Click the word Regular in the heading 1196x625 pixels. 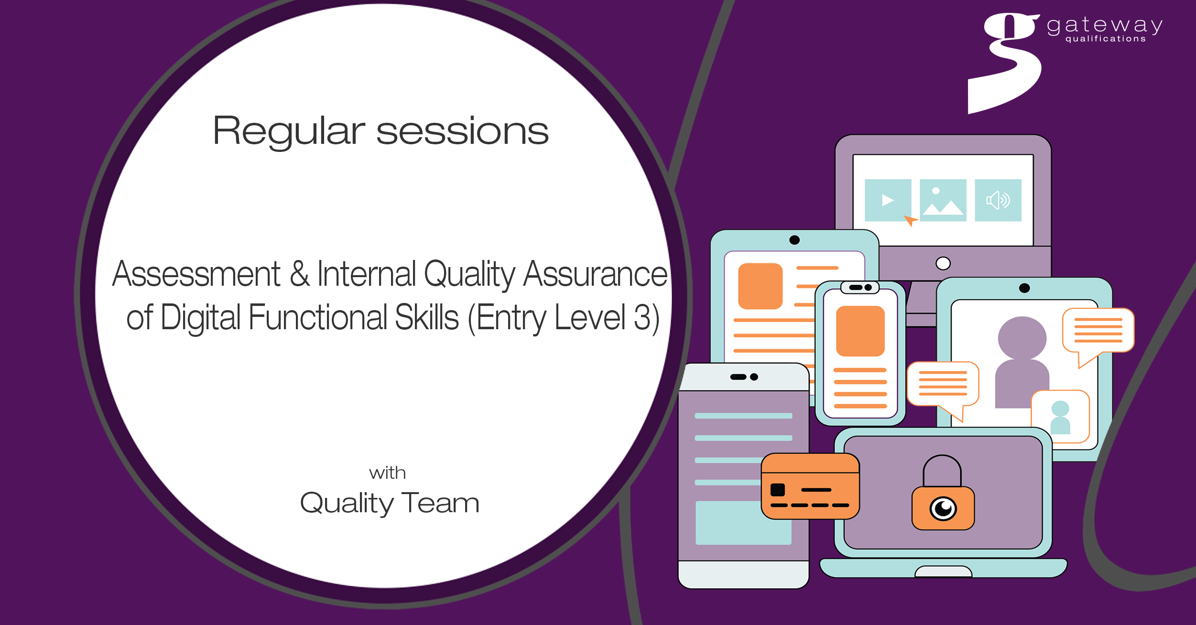(289, 131)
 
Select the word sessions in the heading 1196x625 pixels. (463, 131)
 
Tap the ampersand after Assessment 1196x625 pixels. (299, 273)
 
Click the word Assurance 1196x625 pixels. (595, 273)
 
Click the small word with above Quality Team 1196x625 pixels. (387, 473)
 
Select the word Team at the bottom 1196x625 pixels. (440, 503)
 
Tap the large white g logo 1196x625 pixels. (1004, 62)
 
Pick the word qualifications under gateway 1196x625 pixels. (1106, 39)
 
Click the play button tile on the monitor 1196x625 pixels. (888, 200)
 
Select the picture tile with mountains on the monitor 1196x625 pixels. (943, 200)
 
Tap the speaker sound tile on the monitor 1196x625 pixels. (998, 200)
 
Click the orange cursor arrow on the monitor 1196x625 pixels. (910, 221)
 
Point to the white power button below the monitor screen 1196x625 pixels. (943, 263)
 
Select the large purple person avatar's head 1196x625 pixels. (1022, 338)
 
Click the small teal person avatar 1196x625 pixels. (1060, 417)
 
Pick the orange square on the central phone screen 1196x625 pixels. (860, 331)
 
